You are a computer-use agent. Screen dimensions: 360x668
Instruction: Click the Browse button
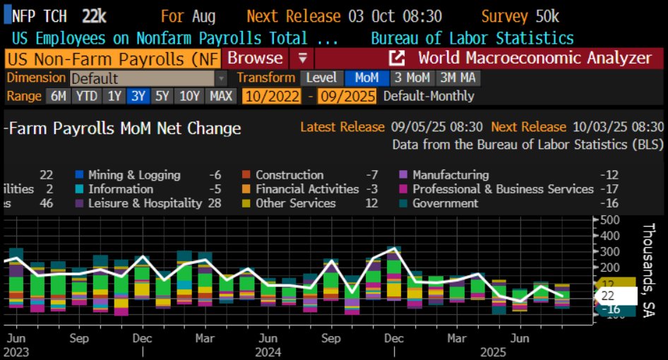click(x=255, y=58)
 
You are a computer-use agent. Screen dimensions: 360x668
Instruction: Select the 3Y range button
click(x=136, y=96)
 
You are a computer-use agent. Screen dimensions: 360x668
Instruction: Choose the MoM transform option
click(x=366, y=78)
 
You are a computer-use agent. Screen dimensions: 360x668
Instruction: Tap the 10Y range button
click(x=189, y=96)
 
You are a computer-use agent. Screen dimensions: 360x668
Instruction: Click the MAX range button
click(x=222, y=96)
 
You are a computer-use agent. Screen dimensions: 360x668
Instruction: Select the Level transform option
click(x=321, y=78)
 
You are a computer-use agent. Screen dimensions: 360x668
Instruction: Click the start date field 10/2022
click(x=272, y=96)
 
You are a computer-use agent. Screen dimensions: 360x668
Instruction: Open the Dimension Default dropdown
click(x=148, y=78)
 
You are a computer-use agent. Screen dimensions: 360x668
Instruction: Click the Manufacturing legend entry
click(x=451, y=175)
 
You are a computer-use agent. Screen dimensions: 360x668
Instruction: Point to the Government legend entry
click(x=444, y=203)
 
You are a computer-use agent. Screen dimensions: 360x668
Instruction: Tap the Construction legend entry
click(x=290, y=175)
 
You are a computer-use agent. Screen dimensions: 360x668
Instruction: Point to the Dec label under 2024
click(x=391, y=338)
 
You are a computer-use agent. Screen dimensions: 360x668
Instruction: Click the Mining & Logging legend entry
click(x=134, y=175)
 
